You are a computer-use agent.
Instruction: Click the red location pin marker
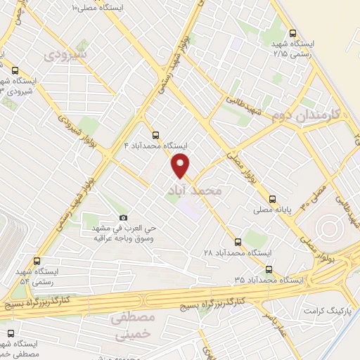click(181, 167)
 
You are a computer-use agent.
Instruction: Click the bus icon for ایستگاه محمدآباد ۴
click(155, 135)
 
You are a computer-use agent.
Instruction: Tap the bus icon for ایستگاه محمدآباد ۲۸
click(237, 241)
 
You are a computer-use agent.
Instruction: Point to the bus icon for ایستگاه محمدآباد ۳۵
click(269, 269)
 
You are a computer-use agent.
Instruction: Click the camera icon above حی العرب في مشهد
click(124, 217)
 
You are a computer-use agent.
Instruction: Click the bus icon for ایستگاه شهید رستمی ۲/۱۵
click(293, 32)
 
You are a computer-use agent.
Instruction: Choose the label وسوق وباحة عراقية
click(124, 238)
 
